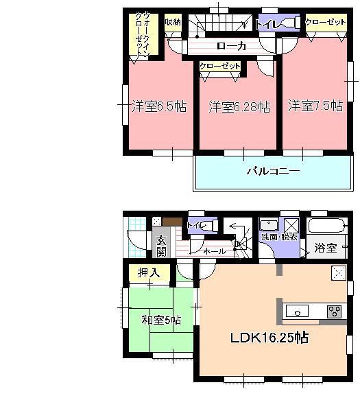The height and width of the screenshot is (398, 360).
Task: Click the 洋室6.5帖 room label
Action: (159, 106)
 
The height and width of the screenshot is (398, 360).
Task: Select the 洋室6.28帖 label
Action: (239, 106)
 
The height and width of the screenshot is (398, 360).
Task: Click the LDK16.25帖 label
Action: (268, 338)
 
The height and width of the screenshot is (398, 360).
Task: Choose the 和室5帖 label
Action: (161, 320)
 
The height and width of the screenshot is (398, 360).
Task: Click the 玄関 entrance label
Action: (161, 245)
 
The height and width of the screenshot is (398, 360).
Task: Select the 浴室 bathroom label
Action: (326, 247)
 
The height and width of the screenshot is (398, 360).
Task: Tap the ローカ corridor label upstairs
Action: (231, 46)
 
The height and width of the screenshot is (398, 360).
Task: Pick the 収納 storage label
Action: (173, 23)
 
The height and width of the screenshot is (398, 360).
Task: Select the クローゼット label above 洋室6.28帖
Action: (220, 66)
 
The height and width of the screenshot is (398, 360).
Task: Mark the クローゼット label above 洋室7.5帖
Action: (325, 22)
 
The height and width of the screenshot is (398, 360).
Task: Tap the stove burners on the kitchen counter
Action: (334, 310)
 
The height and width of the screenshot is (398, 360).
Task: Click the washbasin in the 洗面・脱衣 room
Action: (269, 224)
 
